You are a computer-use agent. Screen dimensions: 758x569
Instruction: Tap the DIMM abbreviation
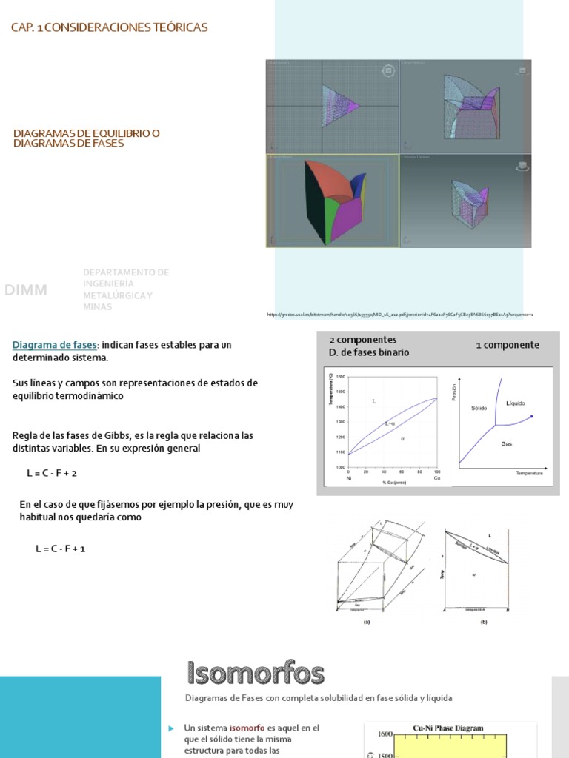click(26, 290)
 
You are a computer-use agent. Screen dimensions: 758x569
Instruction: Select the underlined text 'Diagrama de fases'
click(55, 345)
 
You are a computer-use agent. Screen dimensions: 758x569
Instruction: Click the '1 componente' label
click(507, 345)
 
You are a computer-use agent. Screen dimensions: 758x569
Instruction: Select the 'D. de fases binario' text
click(368, 352)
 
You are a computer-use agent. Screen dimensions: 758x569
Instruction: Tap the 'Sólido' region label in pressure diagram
click(478, 408)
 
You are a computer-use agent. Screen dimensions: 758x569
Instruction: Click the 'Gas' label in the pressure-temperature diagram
click(507, 443)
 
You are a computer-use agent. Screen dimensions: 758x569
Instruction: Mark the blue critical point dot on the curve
click(532, 417)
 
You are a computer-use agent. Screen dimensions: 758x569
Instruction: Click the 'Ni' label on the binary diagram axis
click(348, 478)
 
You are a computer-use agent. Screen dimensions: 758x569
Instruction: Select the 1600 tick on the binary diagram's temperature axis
click(341, 376)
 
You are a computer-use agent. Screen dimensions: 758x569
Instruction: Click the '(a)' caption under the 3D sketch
click(366, 623)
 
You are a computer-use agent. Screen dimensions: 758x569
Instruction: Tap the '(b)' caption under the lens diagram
click(483, 623)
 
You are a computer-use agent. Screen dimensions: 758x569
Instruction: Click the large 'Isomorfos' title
click(254, 674)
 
